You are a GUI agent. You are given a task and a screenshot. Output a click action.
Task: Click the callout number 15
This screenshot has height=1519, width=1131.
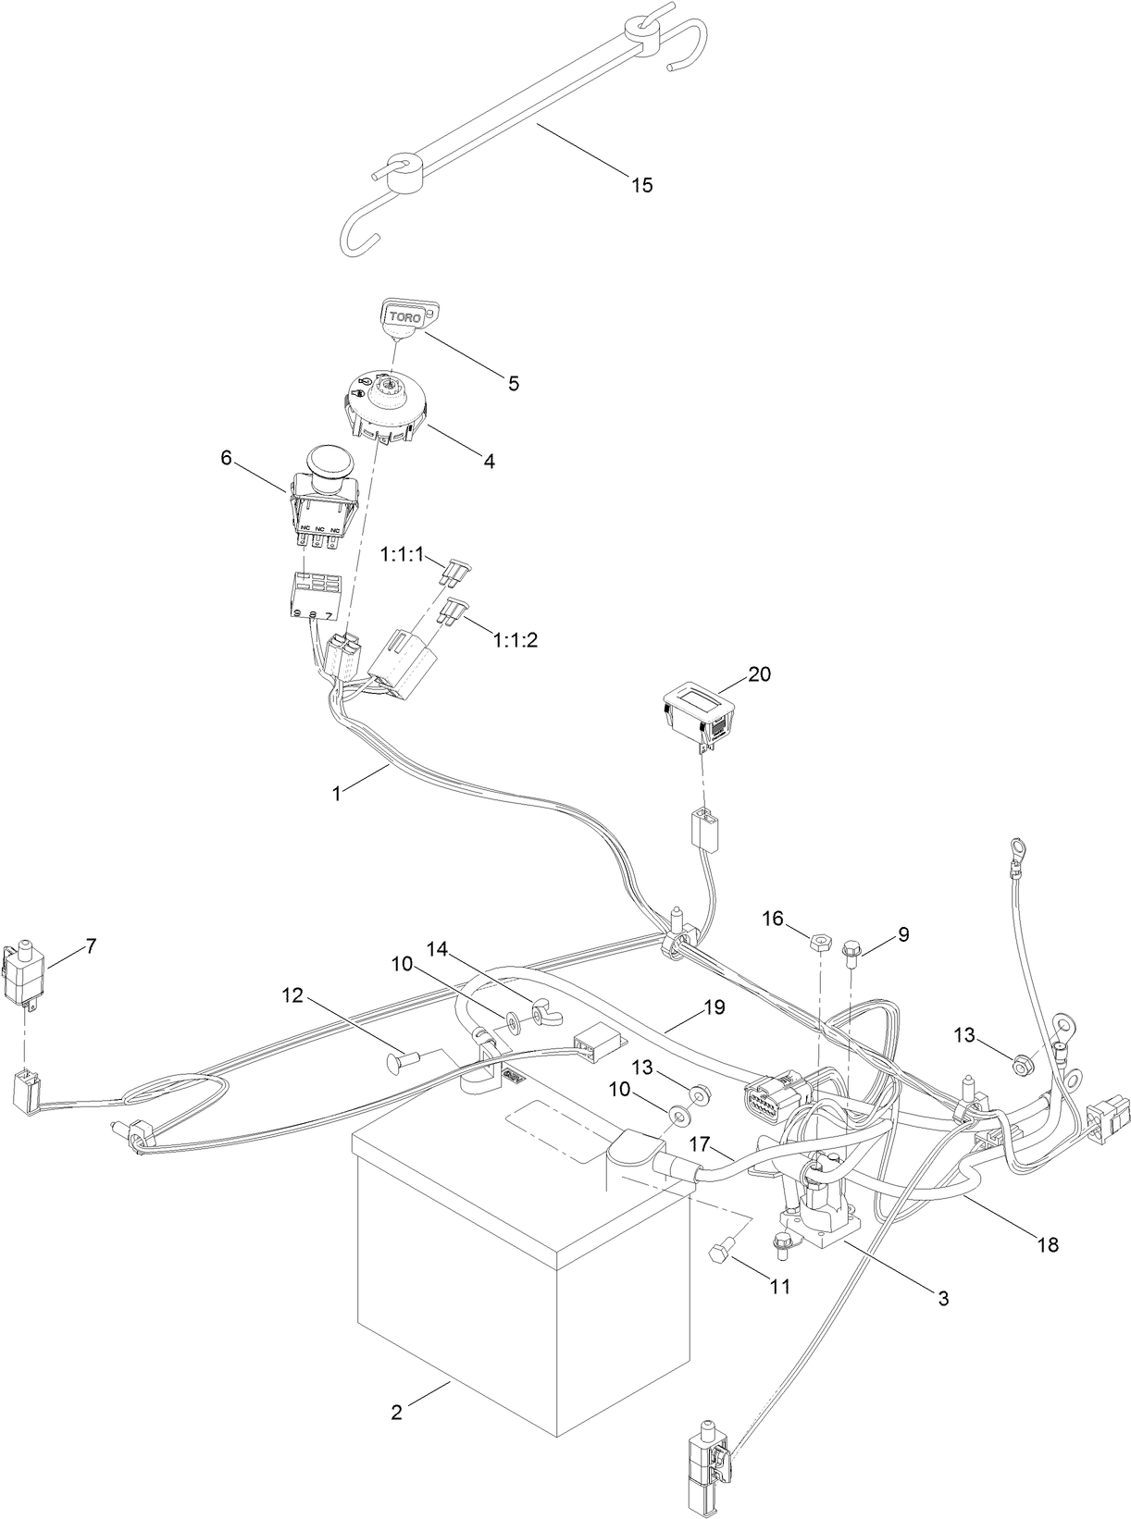641,185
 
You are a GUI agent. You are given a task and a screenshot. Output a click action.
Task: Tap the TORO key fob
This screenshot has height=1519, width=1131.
407,317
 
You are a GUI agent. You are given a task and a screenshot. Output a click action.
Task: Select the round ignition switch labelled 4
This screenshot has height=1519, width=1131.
383,411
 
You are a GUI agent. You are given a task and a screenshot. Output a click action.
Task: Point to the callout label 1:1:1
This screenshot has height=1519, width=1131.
401,555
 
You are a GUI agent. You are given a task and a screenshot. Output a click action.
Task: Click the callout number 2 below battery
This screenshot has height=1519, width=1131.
396,1386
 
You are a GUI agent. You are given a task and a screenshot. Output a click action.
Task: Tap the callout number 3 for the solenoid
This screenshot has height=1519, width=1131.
943,1298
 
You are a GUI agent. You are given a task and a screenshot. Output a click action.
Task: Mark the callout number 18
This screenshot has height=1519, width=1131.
1048,1245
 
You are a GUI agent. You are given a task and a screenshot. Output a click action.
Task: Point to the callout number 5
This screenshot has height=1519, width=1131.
513,382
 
